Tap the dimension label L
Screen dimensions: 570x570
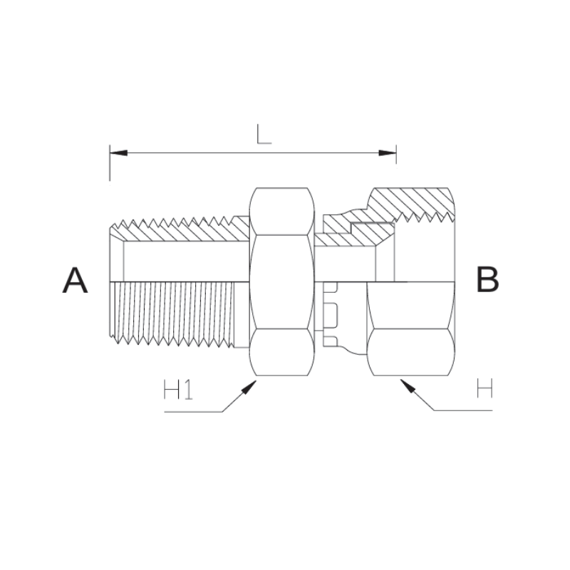coord(264,134)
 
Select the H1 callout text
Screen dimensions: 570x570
coord(178,390)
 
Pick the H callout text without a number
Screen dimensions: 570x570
coord(485,390)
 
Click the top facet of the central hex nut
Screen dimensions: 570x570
coord(281,211)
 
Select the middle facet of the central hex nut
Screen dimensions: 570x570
coord(281,281)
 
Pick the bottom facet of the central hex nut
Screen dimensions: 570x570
coord(281,351)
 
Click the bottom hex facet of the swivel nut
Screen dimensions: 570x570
coord(410,351)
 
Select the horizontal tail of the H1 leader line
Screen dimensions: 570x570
coord(192,412)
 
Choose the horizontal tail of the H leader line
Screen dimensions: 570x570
coord(463,411)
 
